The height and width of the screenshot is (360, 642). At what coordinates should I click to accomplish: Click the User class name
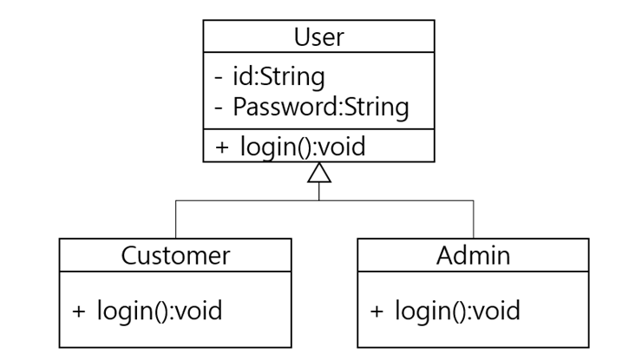click(x=318, y=37)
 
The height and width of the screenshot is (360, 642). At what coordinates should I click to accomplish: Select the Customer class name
click(x=175, y=255)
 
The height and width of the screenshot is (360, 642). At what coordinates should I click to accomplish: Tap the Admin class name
click(x=473, y=255)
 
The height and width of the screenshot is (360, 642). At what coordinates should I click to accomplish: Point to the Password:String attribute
click(x=318, y=107)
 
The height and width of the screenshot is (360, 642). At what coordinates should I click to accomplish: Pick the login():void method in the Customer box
click(x=159, y=310)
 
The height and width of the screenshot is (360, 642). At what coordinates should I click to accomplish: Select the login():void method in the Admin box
click(x=457, y=310)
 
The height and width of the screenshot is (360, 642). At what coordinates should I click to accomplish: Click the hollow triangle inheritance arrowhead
click(x=319, y=173)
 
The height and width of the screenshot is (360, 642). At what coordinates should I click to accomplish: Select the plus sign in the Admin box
click(x=377, y=311)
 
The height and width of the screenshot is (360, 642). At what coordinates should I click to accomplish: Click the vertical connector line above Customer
click(x=176, y=219)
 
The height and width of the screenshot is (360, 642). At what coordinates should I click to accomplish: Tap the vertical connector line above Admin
click(x=474, y=219)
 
